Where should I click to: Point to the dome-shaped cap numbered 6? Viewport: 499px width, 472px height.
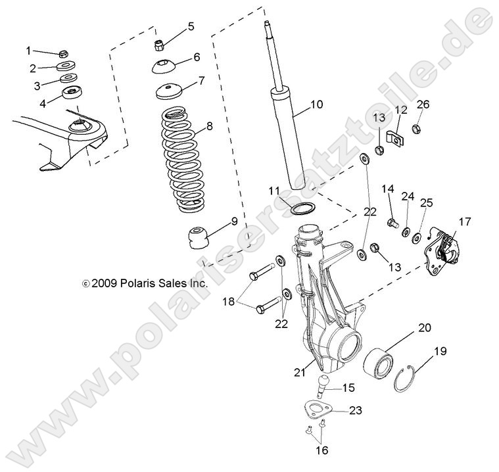coord(164,66)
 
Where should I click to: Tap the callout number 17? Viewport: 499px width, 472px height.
coord(465,222)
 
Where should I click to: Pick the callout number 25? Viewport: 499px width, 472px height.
coord(425,202)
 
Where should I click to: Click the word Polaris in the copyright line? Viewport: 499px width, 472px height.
coord(137,284)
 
